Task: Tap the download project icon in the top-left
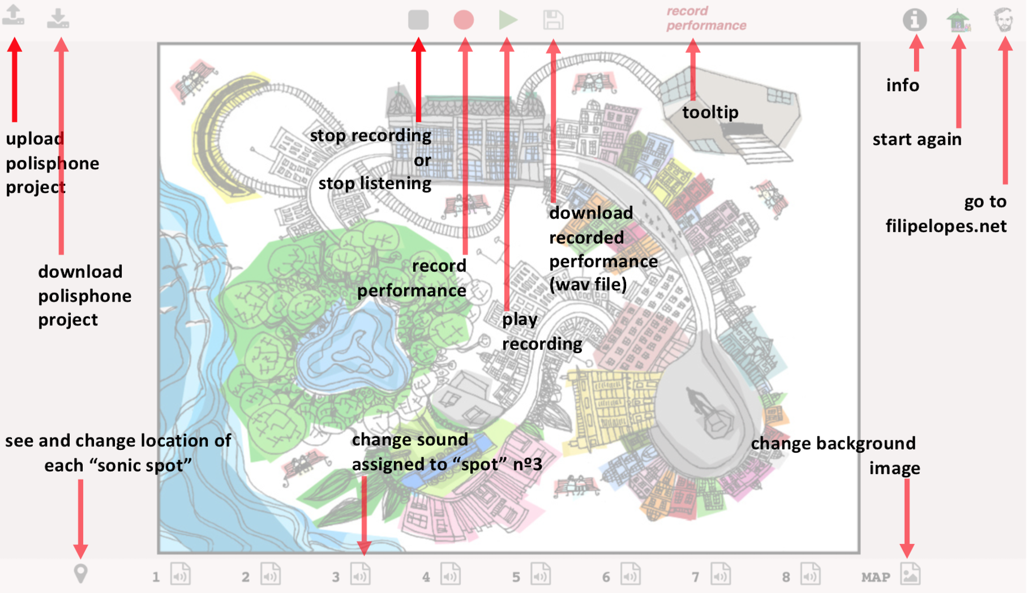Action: click(x=58, y=18)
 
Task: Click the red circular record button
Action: click(x=464, y=20)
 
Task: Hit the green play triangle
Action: click(x=508, y=20)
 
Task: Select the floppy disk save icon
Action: click(x=553, y=20)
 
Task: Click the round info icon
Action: click(x=915, y=20)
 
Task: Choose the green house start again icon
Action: click(x=958, y=20)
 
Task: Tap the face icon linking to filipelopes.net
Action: click(x=1004, y=20)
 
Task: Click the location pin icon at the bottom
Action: click(x=81, y=574)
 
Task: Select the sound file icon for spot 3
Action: click(x=360, y=573)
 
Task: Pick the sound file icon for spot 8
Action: click(x=810, y=573)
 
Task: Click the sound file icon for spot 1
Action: click(x=180, y=573)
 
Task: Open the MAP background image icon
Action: click(x=910, y=573)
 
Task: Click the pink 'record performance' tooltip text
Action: click(x=706, y=18)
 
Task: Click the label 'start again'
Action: click(x=916, y=139)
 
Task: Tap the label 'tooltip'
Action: click(x=710, y=112)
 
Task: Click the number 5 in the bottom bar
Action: click(x=516, y=577)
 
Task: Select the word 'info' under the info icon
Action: click(x=902, y=85)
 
